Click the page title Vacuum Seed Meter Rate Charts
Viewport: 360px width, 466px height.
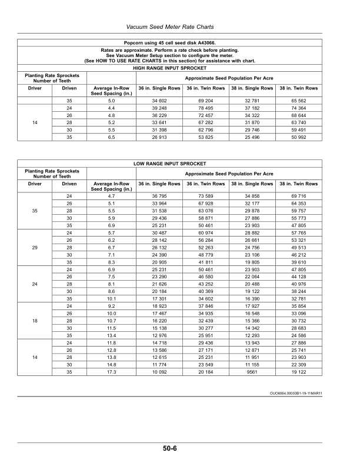[x=170, y=27]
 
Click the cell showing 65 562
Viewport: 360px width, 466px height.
[x=299, y=101]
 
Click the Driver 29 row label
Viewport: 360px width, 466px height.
[x=36, y=247]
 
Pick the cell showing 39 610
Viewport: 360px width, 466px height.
[x=299, y=261]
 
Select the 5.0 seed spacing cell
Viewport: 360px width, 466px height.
[x=111, y=101]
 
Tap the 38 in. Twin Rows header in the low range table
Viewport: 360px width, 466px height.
[x=299, y=184]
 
